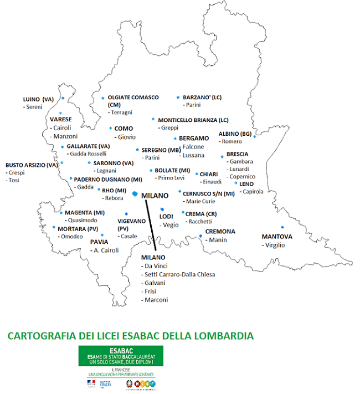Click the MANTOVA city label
point(277,236)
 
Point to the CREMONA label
point(220,231)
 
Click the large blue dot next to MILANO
point(135,194)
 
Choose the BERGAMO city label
point(193,138)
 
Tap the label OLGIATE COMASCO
point(133,98)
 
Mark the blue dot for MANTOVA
point(282,226)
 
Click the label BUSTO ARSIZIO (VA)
point(32,165)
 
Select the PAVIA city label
point(99,242)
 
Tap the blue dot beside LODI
point(162,209)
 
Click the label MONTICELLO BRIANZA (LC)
point(193,120)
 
